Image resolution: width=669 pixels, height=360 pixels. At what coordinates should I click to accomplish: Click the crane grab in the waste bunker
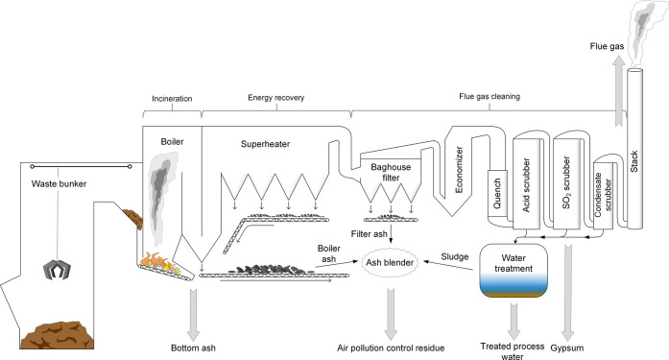coord(57,270)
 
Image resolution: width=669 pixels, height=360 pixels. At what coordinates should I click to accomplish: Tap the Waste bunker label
coord(59,183)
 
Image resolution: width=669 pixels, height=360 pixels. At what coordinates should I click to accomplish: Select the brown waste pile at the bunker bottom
coord(58,336)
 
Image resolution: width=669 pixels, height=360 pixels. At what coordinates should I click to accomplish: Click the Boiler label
coord(172,142)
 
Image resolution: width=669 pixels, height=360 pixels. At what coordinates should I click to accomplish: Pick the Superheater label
coord(265,144)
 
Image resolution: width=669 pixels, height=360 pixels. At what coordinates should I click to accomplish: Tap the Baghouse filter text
coord(391,173)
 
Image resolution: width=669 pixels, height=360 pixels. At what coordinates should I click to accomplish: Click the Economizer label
coord(459,169)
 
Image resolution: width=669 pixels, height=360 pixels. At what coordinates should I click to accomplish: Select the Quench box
coord(497,193)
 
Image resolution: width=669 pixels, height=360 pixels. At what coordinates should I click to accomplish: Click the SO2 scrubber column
coord(567,182)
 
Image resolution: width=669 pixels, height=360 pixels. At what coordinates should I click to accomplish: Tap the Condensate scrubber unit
coord(604,193)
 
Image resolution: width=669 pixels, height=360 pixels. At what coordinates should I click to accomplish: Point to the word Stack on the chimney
coord(634,161)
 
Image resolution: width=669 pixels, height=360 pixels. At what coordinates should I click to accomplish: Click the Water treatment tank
coord(514,271)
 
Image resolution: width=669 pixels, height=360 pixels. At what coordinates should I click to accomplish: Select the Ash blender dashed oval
coord(390,262)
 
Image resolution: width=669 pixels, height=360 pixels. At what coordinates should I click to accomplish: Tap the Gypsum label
coord(567,348)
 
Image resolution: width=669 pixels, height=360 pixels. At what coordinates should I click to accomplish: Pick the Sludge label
coord(455,256)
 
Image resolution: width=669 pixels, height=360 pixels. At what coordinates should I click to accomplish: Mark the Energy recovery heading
coord(276,98)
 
